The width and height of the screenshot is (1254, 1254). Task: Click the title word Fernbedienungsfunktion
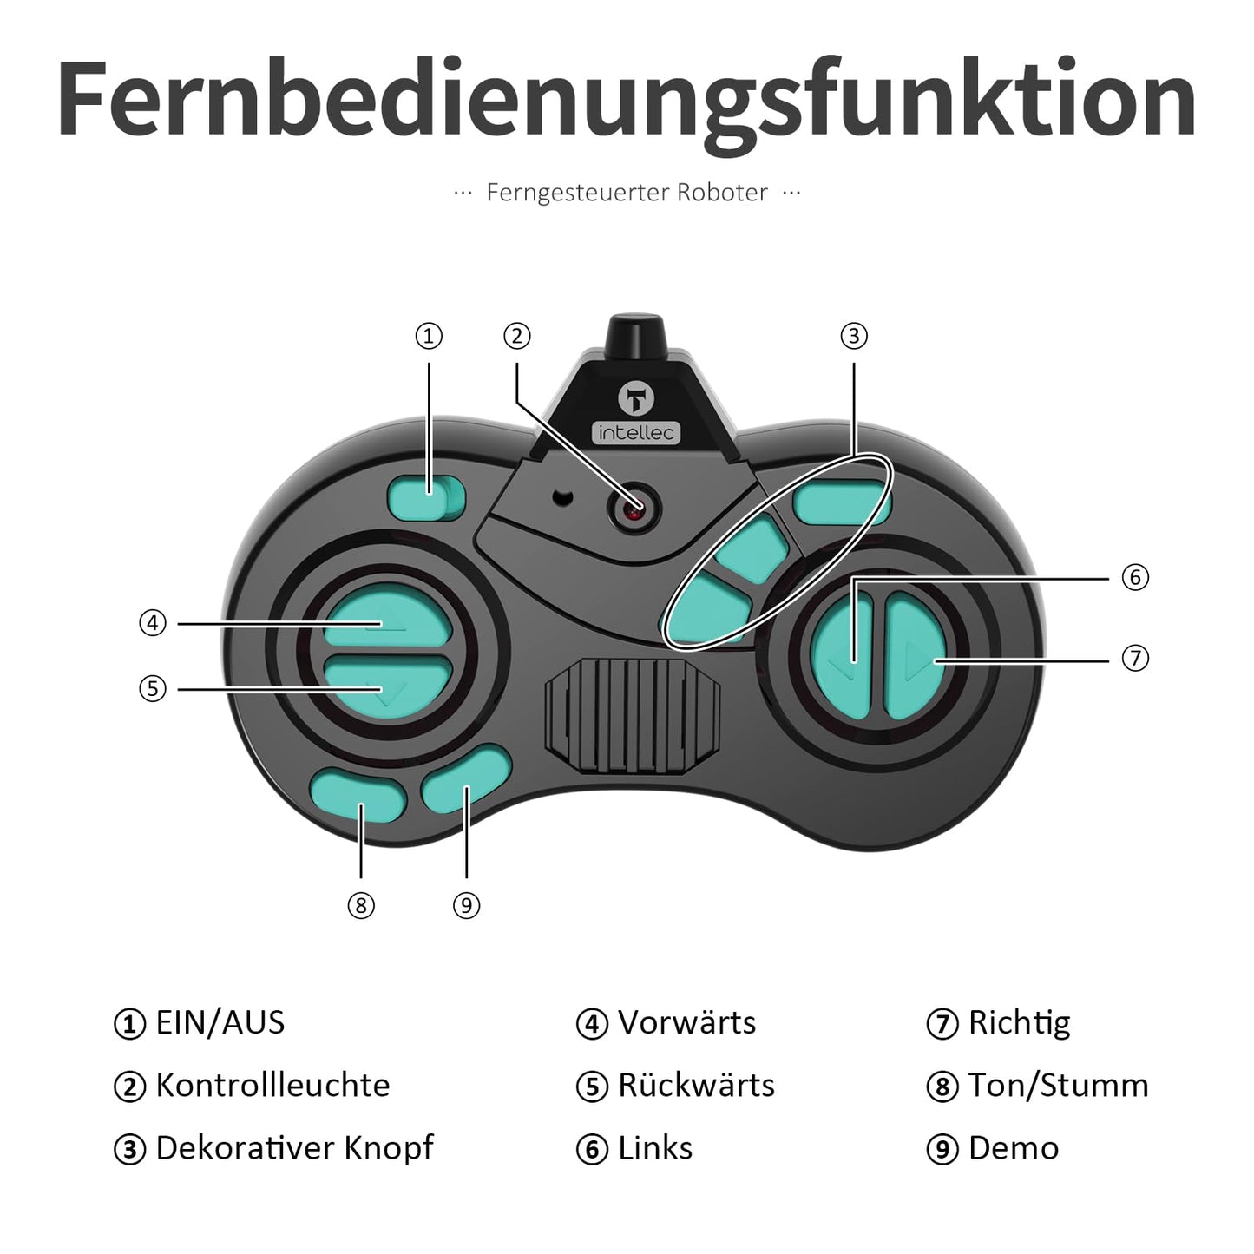click(627, 100)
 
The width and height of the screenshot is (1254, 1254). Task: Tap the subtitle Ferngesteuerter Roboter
click(627, 193)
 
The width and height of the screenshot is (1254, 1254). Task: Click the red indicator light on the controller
click(634, 510)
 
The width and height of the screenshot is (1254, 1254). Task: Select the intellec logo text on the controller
click(637, 433)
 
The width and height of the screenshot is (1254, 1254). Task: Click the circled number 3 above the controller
click(854, 336)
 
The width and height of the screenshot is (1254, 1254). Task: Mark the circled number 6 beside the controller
click(1135, 577)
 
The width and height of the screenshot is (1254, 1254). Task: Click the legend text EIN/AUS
click(220, 1023)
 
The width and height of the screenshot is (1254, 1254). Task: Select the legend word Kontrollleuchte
click(272, 1086)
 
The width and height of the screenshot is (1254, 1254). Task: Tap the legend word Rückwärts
click(696, 1086)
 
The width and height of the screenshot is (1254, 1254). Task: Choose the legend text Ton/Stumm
click(1058, 1086)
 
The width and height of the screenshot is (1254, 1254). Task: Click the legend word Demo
click(1014, 1149)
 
